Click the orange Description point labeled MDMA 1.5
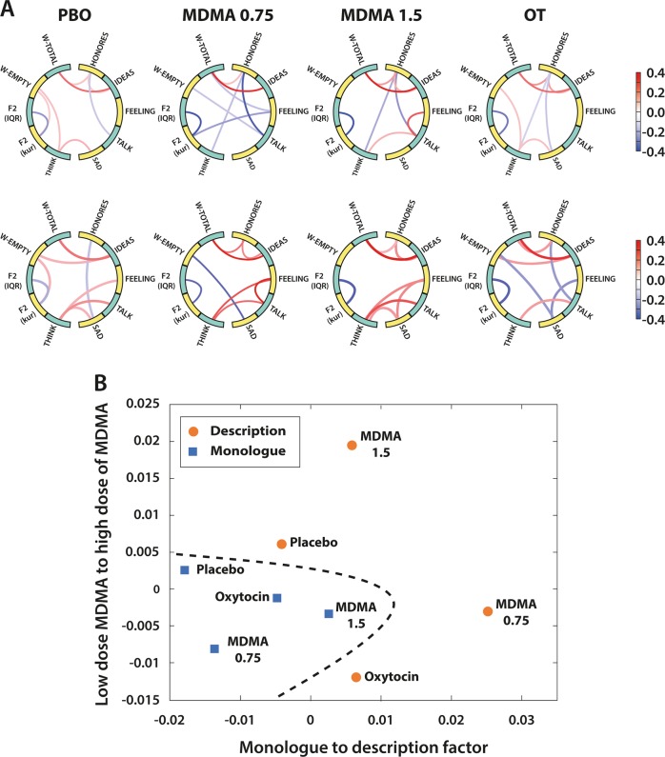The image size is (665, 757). (352, 445)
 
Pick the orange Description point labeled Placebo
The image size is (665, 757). (281, 544)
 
